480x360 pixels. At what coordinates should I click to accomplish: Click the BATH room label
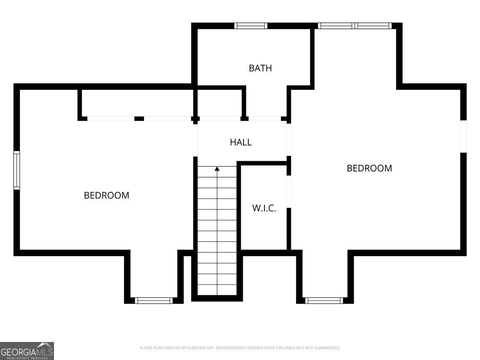coord(260,68)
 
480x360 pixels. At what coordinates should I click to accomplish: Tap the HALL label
coord(241,142)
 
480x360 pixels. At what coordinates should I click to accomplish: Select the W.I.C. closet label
coord(264,208)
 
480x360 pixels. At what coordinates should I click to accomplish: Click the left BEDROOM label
coord(106,195)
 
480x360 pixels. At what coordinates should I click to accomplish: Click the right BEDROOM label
coord(369,168)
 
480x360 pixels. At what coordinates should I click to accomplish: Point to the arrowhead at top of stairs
coord(217,169)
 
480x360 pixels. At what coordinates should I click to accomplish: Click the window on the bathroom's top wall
coord(251,26)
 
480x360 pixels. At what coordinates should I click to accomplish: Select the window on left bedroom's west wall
coord(17,170)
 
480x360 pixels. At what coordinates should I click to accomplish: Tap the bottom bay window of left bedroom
coord(154,300)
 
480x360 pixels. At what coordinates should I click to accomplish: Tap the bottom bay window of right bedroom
coord(324,300)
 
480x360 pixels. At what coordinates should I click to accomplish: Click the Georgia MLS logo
coord(27,351)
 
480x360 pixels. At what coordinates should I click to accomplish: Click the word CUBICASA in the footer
coord(196,348)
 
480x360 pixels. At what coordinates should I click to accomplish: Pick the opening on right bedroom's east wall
coord(463,136)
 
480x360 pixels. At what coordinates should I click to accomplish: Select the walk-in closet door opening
coord(289,192)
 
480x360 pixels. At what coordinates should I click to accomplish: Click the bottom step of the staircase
coord(217,290)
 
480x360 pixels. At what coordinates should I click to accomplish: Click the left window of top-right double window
coord(336,26)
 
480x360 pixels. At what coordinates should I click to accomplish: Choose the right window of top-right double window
coord(374,26)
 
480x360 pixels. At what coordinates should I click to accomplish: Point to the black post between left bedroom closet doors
coord(139,118)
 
